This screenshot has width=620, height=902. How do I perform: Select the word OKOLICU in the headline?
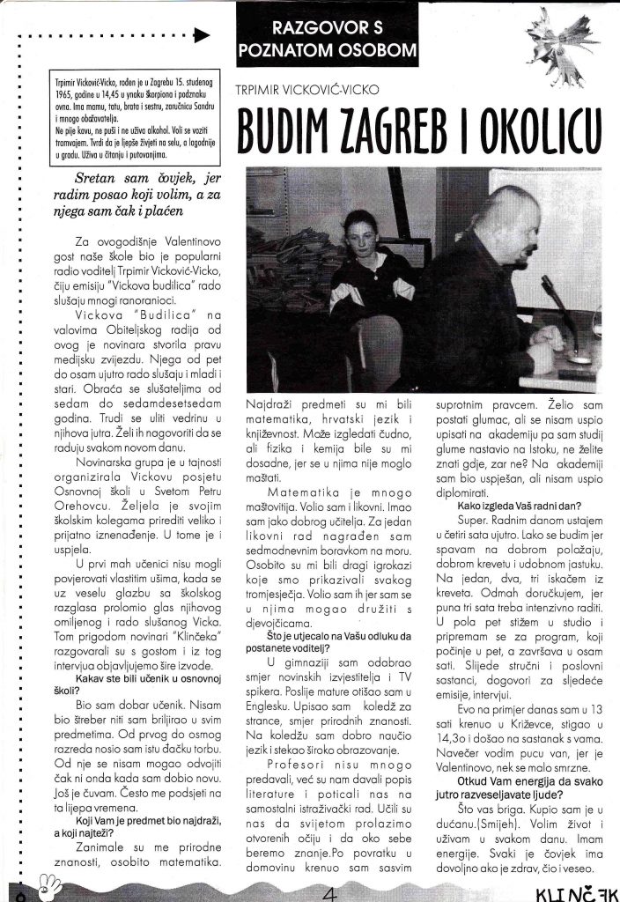(x=547, y=129)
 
